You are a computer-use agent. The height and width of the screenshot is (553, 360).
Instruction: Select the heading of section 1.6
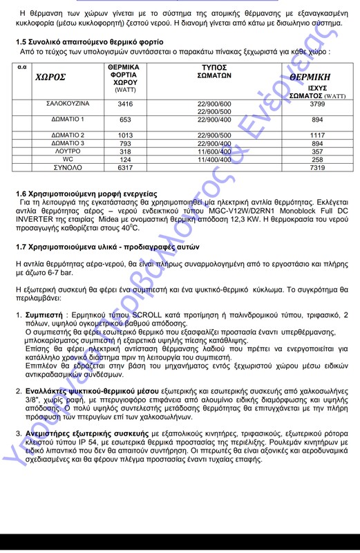pyautogui.click(x=86, y=193)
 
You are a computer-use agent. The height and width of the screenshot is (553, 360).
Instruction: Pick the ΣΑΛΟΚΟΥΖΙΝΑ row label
pyautogui.click(x=68, y=104)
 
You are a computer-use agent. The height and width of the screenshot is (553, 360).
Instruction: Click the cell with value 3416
pyautogui.click(x=125, y=104)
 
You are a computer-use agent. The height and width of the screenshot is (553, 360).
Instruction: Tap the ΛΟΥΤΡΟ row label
pyautogui.click(x=68, y=151)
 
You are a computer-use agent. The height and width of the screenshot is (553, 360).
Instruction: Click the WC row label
pyautogui.click(x=68, y=160)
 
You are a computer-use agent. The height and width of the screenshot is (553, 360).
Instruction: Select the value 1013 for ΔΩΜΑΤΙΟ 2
pyautogui.click(x=125, y=135)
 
